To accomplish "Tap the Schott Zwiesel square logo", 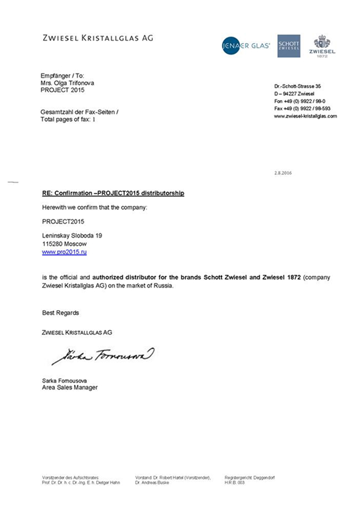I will (x=289, y=46).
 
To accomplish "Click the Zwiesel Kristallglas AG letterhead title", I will (x=98, y=38).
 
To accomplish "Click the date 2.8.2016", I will (x=283, y=173).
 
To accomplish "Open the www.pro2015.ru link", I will (x=65, y=252).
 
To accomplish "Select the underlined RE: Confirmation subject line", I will (x=113, y=193).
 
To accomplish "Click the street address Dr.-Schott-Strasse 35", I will (x=297, y=87).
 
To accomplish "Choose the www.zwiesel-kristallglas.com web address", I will (x=305, y=117).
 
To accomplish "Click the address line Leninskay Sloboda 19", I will (x=72, y=235).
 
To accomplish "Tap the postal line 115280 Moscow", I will (x=64, y=243).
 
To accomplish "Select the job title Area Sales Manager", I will (x=70, y=387).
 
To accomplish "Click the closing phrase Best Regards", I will (x=61, y=313).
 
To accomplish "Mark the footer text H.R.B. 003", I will (x=235, y=482).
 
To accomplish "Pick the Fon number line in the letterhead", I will (x=300, y=102).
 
